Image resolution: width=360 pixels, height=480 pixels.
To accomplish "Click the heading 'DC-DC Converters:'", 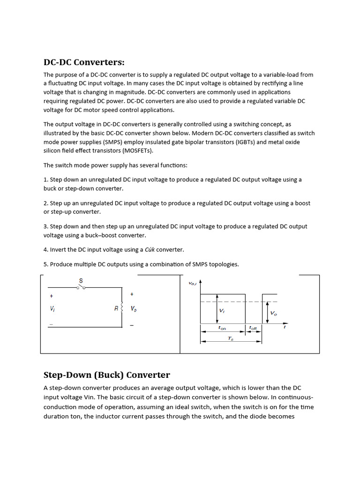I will tap(84, 62).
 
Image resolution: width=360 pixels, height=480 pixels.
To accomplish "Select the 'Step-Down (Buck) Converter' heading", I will tap(106, 375).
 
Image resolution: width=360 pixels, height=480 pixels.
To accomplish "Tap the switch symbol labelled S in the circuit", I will tap(81, 286).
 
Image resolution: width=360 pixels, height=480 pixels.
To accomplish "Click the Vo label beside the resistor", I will tap(134, 309).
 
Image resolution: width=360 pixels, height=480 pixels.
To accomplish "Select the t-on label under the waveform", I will tap(222, 329).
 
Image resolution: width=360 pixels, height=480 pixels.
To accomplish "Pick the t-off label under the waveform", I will tap(253, 329).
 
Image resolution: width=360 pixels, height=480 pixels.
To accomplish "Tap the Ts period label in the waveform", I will tap(231, 338).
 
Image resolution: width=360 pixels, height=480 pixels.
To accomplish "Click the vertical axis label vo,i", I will tap(192, 283).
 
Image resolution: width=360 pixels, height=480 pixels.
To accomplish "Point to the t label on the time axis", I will tap(284, 327).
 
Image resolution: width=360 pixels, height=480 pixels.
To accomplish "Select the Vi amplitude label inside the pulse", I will tap(222, 310).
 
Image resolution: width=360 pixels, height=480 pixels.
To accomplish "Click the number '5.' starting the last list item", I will tap(46, 264).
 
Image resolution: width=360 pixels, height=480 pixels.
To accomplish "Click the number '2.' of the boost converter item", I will tap(46, 203).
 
